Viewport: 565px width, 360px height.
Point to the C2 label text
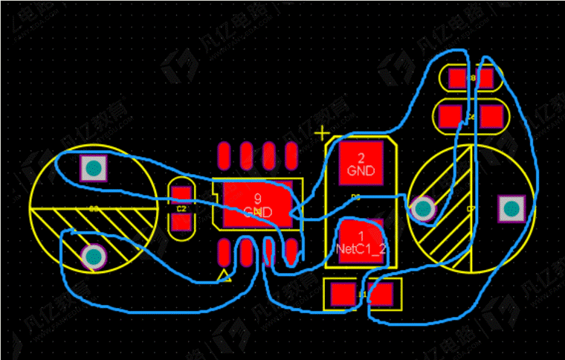coord(181,210)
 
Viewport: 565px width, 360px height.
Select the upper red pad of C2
coord(181,196)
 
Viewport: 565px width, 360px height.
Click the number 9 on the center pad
coord(257,199)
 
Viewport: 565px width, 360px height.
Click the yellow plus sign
coord(322,134)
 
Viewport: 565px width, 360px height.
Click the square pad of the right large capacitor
coord(510,208)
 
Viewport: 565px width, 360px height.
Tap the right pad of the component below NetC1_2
coord(381,295)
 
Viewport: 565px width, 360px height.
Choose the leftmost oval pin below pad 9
coord(225,252)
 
